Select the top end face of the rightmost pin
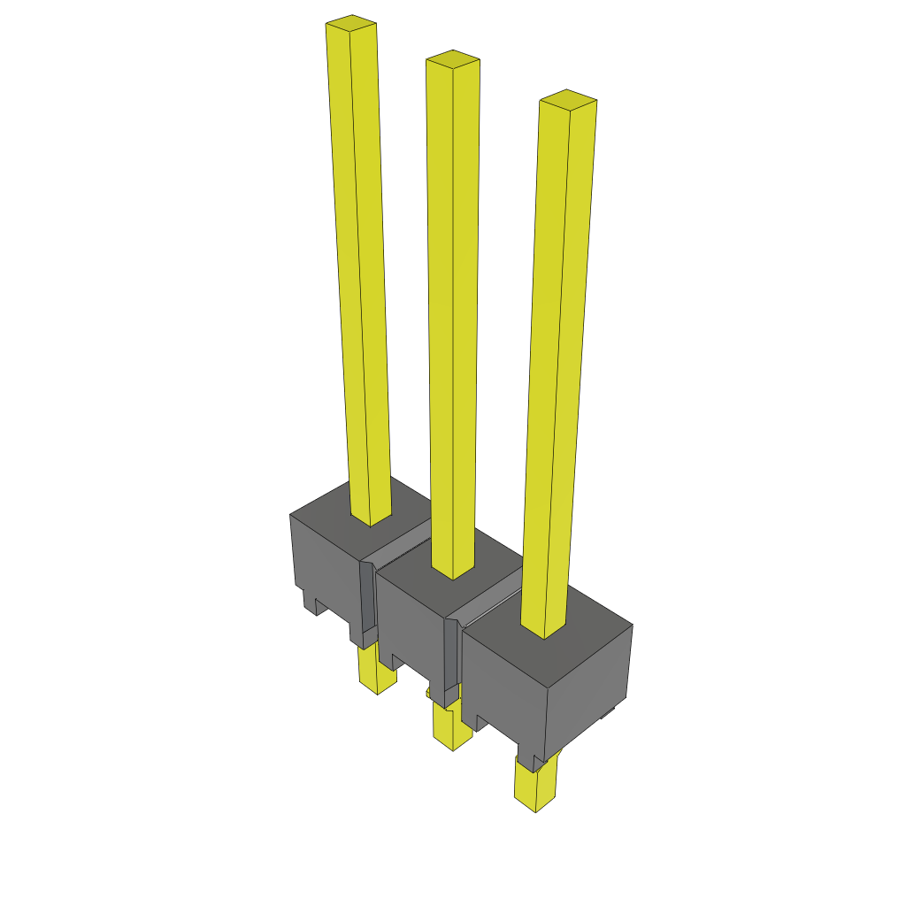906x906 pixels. (x=568, y=99)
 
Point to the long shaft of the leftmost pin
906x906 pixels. (x=358, y=265)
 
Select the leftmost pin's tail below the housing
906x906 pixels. (x=377, y=672)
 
